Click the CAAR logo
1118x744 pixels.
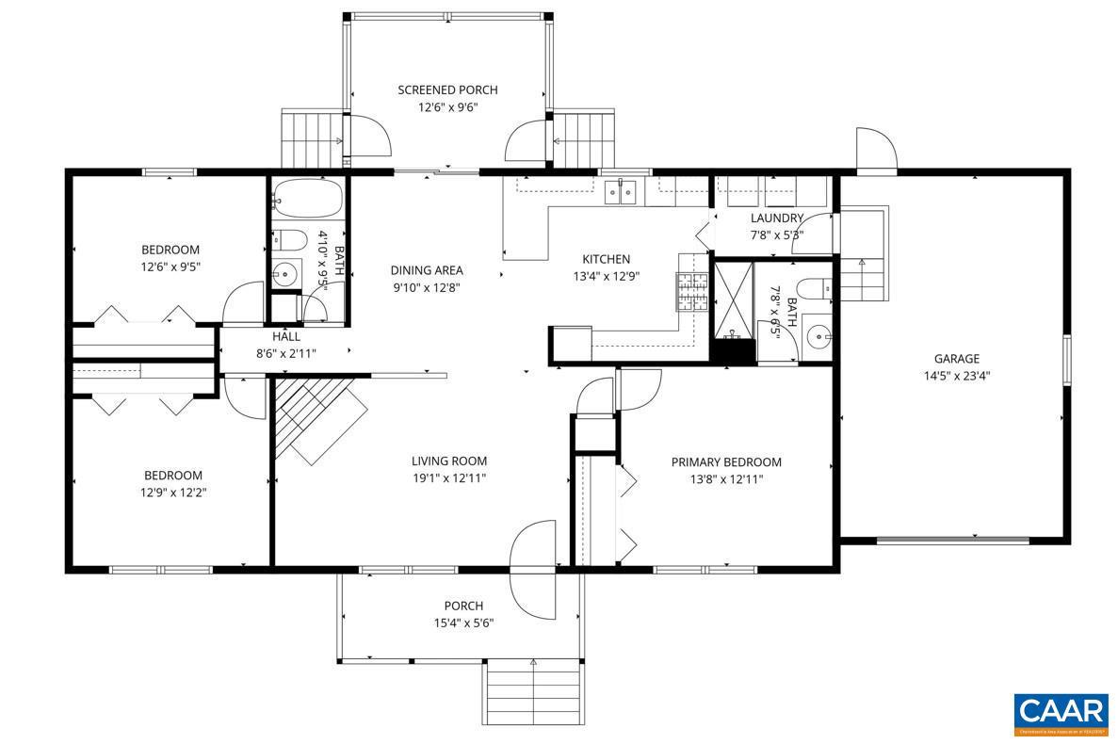coord(1061,713)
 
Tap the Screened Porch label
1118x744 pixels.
coord(447,90)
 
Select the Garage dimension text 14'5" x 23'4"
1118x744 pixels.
coord(956,375)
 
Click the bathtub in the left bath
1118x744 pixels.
coord(307,199)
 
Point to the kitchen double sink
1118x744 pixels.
coord(621,191)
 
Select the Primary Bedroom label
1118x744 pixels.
coord(725,462)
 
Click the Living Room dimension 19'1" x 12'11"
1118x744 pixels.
coord(448,478)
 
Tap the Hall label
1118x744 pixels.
coord(286,336)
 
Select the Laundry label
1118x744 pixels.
coord(776,218)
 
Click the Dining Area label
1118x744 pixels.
coord(427,270)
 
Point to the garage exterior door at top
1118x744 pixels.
coord(876,150)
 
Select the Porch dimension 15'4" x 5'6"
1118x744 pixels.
coord(462,623)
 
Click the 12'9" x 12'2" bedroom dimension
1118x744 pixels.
coord(172,492)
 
